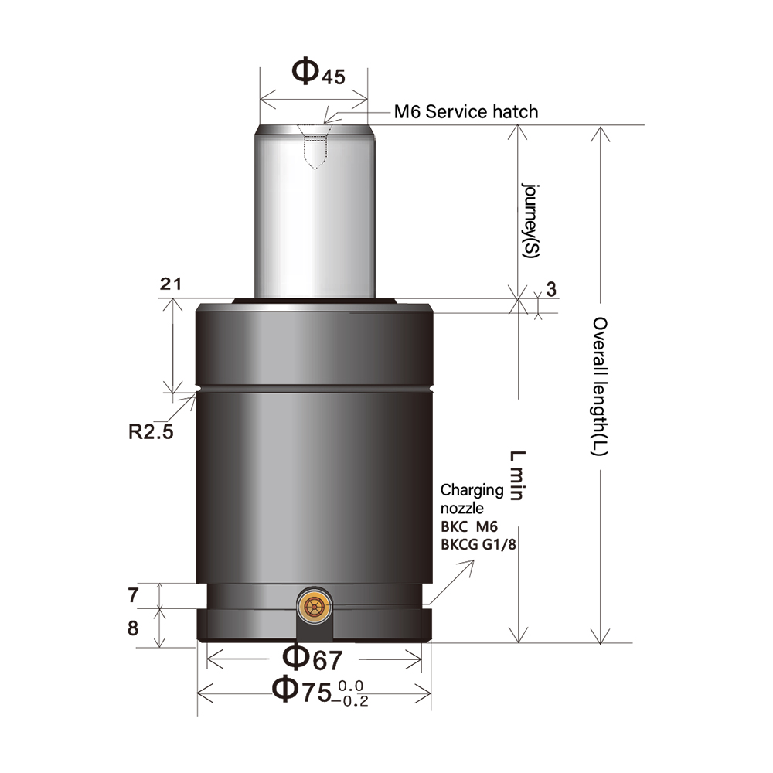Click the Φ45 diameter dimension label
coord(318,73)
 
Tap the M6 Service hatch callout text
coord(465,111)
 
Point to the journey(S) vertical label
coord(532,221)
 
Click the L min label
coord(516,476)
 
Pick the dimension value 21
coord(171,284)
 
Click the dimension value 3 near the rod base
coord(550,290)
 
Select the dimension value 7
coord(133,595)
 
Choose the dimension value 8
coord(133,628)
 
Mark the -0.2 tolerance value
coord(352,700)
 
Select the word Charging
coord(472,490)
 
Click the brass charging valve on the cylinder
coord(315,608)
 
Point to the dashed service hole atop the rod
coord(315,151)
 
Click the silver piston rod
coord(315,224)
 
